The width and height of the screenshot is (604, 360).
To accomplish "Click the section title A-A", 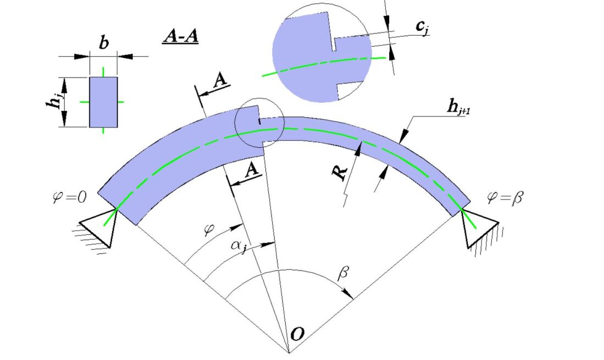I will click(180, 36).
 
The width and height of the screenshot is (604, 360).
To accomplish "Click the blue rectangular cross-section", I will click(103, 102).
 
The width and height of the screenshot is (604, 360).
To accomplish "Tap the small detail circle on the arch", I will click(259, 123).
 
